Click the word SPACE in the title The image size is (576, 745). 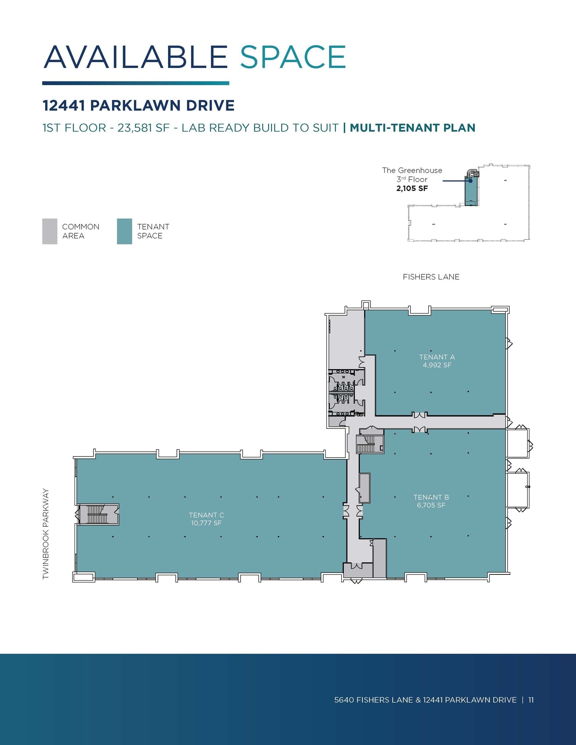[293, 57]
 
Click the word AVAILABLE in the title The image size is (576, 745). [135, 57]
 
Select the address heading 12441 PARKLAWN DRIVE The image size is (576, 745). [138, 105]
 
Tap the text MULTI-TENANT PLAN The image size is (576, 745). [412, 128]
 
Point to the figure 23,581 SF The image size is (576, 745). [143, 128]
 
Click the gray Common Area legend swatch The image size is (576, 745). [49, 231]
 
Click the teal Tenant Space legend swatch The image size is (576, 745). [124, 231]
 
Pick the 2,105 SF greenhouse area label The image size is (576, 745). [412, 188]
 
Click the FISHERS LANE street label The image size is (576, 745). [431, 277]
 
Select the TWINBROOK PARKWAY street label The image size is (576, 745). [45, 534]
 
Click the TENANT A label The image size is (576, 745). [437, 357]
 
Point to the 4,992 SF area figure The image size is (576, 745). [437, 365]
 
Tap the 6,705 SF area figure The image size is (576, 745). [431, 505]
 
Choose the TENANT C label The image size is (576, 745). [206, 515]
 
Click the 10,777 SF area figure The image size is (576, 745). [206, 523]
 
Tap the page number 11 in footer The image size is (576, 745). [531, 700]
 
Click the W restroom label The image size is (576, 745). [343, 377]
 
